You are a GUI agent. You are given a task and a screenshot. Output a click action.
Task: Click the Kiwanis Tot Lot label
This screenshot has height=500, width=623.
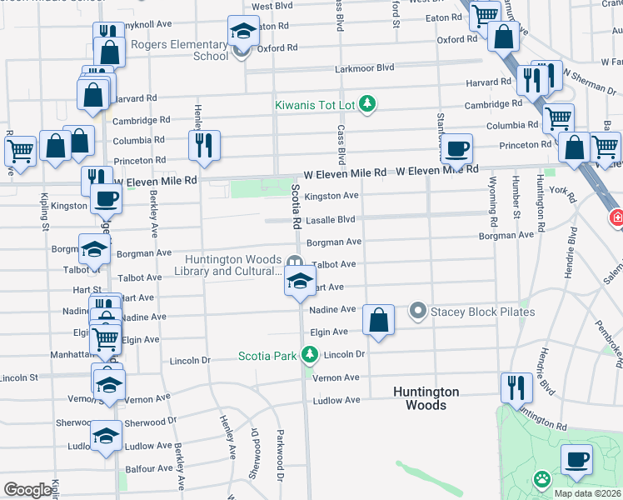[x=316, y=105]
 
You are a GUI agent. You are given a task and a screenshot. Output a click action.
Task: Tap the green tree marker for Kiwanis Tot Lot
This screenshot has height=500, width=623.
[x=366, y=105]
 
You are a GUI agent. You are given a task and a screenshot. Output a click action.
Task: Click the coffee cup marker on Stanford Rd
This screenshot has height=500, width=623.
[x=456, y=149]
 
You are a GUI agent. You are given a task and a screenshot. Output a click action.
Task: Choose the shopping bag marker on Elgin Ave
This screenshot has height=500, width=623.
[x=378, y=319]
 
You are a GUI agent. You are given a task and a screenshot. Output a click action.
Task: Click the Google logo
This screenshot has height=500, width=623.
[x=28, y=490]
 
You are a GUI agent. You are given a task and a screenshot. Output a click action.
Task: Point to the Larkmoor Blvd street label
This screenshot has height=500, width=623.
[x=364, y=68]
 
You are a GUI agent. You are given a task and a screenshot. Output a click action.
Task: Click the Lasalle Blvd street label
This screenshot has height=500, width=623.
[x=330, y=220]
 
